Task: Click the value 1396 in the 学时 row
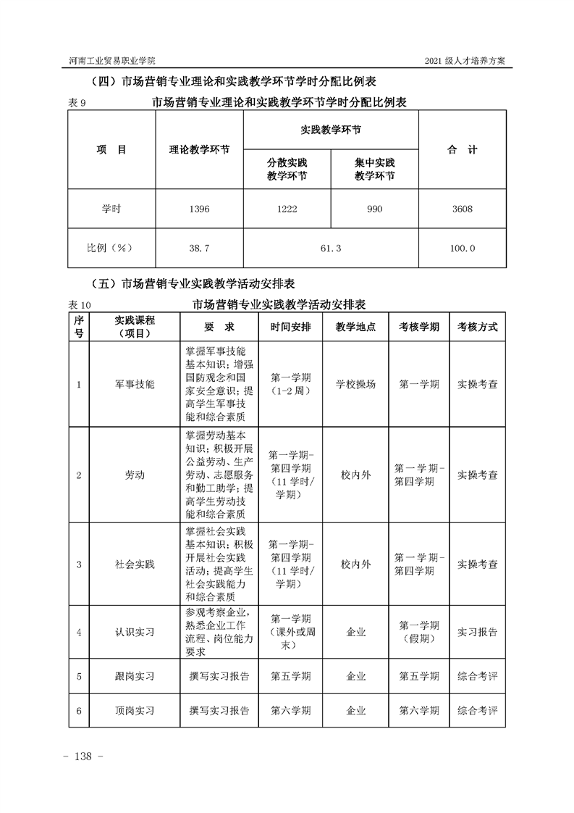[x=199, y=209]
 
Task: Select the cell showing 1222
[x=287, y=209]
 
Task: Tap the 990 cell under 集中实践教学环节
[x=374, y=209]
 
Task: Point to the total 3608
[x=462, y=209]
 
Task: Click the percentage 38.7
[x=199, y=249]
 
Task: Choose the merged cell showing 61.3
[x=330, y=249]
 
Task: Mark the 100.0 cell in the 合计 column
[x=462, y=249]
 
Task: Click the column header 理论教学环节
[x=199, y=150]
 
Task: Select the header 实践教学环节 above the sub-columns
[x=330, y=130]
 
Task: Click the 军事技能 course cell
[x=135, y=384]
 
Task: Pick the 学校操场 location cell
[x=356, y=384]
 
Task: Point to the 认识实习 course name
[x=135, y=632]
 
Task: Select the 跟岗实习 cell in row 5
[x=135, y=676]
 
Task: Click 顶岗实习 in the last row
[x=135, y=711]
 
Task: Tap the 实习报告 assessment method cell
[x=477, y=632]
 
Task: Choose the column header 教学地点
[x=356, y=327]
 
